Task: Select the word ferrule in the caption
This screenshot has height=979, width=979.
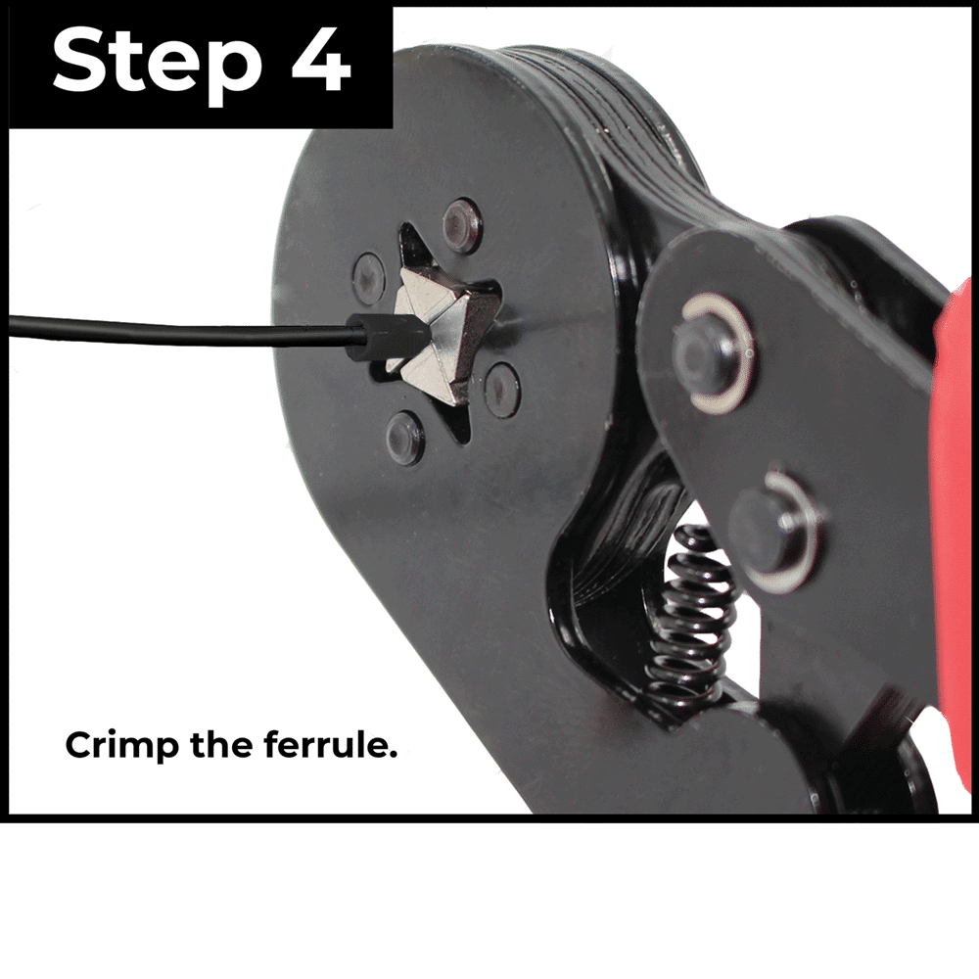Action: coord(330,744)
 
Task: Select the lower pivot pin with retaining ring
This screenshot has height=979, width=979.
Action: coord(776,532)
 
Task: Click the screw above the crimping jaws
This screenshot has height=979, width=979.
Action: coord(462,225)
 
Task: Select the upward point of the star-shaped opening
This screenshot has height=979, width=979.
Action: coord(410,236)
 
